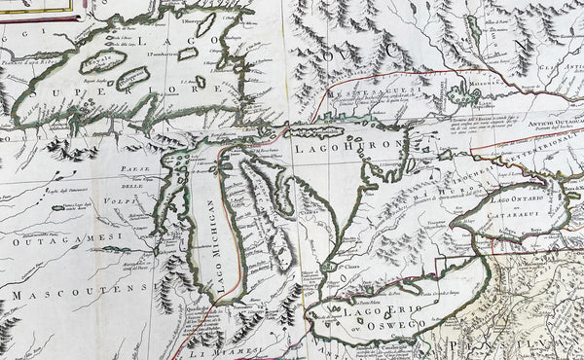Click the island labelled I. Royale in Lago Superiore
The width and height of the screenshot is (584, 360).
pos(101,61)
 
